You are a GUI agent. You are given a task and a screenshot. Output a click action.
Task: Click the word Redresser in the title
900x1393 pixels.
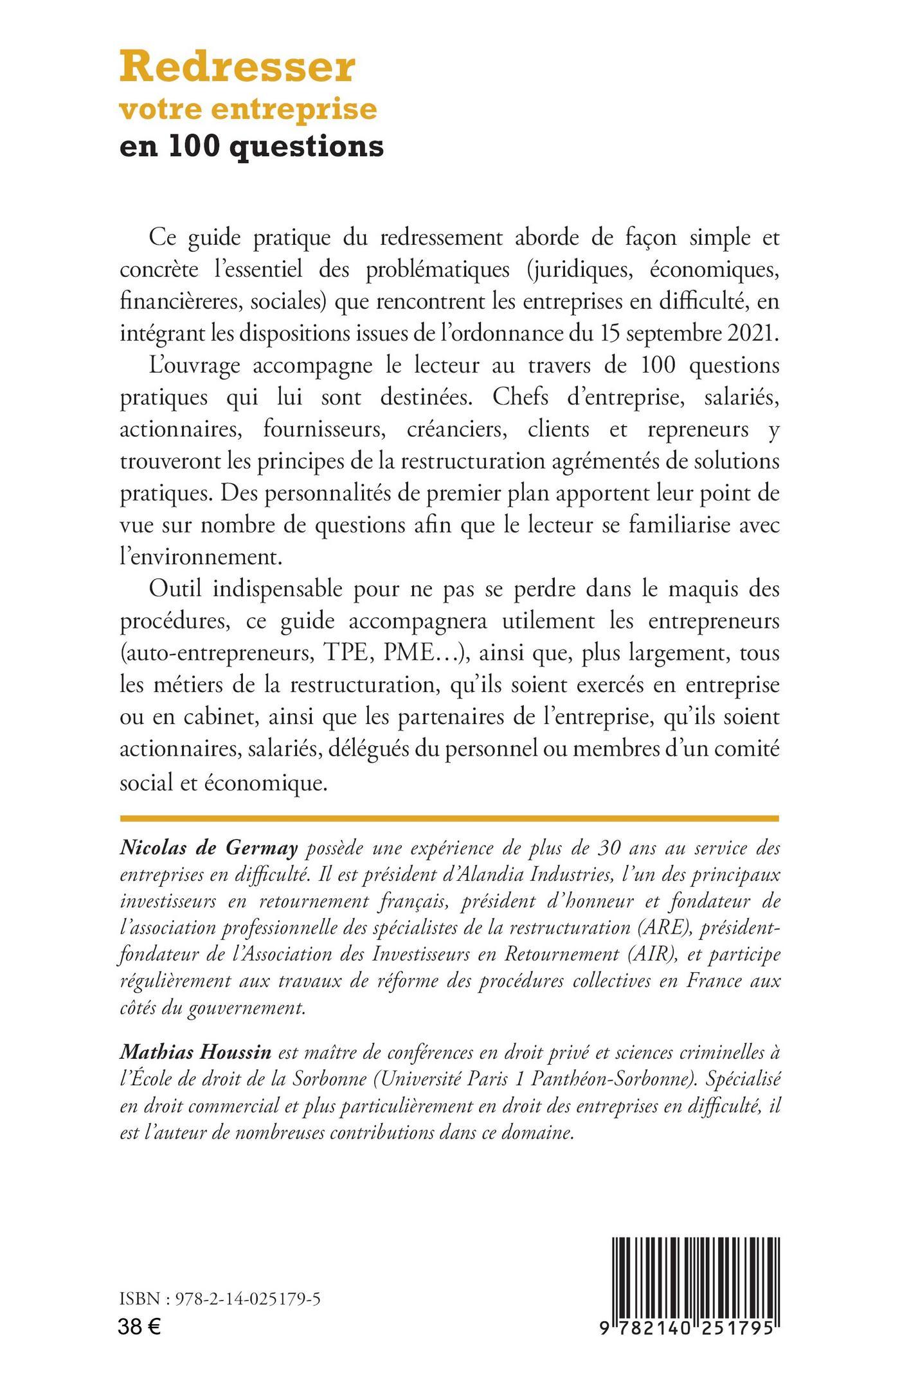237,69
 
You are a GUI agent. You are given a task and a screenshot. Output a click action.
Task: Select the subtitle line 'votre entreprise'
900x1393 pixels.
248,109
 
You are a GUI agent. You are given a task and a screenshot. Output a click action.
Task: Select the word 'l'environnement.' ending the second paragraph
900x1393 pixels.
201,556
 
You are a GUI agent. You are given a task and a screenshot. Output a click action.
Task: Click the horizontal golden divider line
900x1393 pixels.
449,819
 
